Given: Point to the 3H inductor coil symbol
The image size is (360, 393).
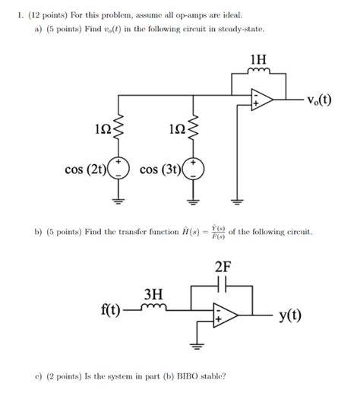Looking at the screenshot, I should (154, 308).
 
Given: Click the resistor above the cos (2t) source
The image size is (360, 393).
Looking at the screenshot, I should (119, 132).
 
